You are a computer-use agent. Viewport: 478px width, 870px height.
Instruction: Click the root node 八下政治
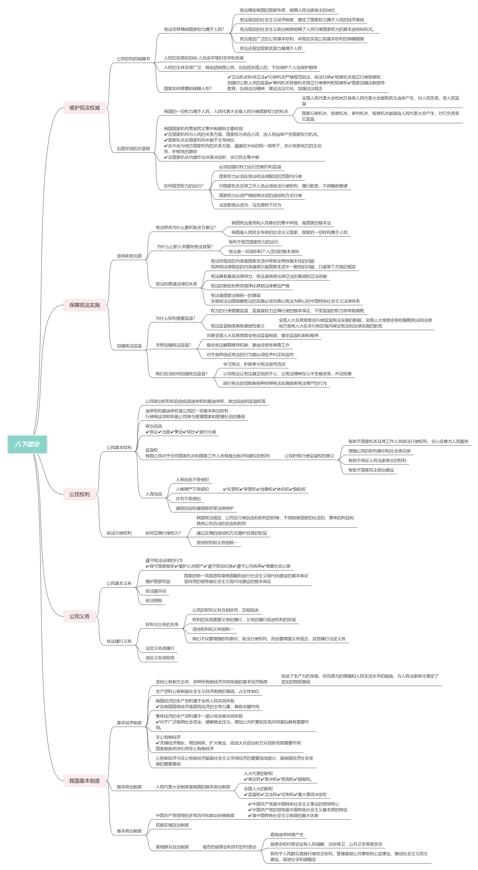click(27, 444)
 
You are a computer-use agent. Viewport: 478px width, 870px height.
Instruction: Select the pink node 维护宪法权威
click(85, 108)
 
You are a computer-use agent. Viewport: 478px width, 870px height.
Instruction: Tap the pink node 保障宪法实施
click(85, 305)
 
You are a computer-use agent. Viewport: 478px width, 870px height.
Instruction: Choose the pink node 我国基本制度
click(85, 780)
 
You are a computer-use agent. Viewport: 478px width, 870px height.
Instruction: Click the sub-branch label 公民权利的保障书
click(133, 59)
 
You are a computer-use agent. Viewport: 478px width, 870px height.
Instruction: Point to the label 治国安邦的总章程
click(133, 149)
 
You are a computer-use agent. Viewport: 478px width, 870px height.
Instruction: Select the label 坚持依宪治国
click(129, 256)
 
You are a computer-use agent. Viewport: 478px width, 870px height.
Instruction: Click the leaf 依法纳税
click(154, 601)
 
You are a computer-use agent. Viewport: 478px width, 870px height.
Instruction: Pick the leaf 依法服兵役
click(156, 591)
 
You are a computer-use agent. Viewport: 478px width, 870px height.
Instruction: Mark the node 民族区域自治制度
click(172, 825)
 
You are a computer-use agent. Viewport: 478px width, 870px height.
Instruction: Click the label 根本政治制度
click(129, 787)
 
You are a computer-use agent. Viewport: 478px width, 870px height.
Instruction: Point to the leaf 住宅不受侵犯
click(188, 498)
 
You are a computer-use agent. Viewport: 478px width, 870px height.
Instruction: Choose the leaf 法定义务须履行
click(160, 648)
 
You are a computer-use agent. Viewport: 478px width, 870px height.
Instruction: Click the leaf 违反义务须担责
click(160, 658)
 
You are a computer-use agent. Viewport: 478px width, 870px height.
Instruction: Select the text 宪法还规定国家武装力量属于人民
click(271, 48)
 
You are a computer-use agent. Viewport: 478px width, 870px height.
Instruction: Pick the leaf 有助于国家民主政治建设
click(371, 470)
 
